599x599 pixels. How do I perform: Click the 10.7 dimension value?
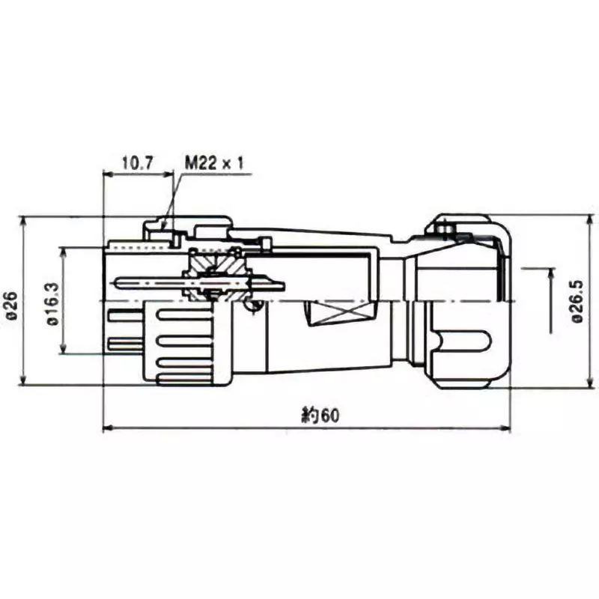137,162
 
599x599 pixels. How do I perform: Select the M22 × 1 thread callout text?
214,162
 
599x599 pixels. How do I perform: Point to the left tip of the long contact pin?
112,282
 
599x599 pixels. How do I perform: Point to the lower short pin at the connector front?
124,344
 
